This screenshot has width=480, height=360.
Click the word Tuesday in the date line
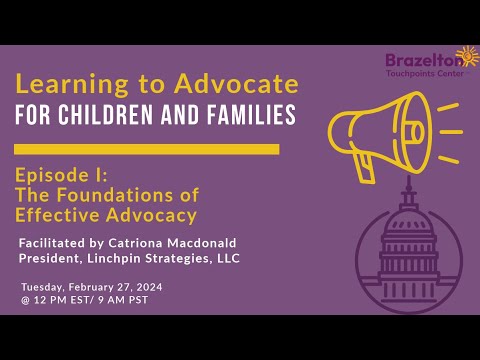coord(43,286)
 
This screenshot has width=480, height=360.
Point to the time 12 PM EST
coord(65,300)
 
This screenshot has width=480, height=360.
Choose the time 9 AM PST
coord(124,300)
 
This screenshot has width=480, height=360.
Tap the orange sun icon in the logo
coord(466,56)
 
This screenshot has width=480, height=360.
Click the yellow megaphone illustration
coord(375,130)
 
